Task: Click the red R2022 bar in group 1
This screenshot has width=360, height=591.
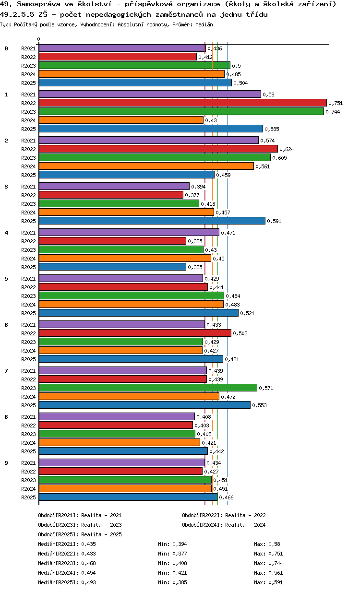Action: (x=182, y=103)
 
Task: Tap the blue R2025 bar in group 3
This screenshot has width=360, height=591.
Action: (x=152, y=221)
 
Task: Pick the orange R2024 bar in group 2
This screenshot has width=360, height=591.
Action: (x=146, y=166)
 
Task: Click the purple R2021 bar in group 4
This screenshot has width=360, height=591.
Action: (x=129, y=233)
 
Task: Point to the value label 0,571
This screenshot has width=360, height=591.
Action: (x=266, y=388)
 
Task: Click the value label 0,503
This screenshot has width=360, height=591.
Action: (x=240, y=333)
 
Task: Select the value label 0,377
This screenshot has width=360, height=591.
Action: (x=192, y=195)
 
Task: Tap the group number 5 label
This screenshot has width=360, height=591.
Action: (x=6, y=279)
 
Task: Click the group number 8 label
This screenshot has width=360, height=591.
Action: (x=6, y=417)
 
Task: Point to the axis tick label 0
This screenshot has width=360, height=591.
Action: (x=39, y=39)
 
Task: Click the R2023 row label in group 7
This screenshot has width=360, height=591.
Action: (x=29, y=388)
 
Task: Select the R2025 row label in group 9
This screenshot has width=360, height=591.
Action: (x=29, y=497)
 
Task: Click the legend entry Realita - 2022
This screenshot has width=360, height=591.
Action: (x=245, y=515)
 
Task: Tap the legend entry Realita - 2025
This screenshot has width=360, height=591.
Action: (x=101, y=534)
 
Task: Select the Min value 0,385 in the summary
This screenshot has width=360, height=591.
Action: (x=180, y=582)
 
